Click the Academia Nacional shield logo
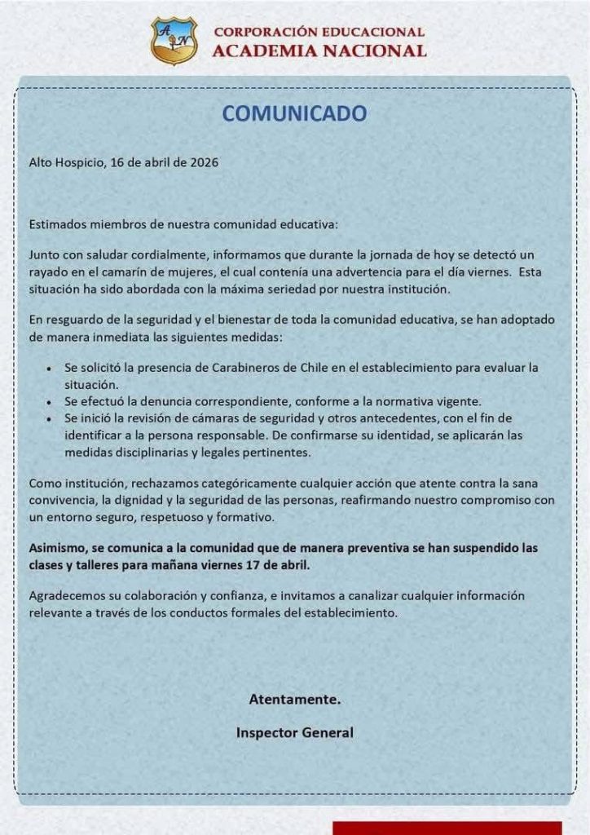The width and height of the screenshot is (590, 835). point(174,41)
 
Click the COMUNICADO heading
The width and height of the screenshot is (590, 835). point(294,113)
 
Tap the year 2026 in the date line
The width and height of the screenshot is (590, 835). point(203,161)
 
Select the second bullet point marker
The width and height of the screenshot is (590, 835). point(51,402)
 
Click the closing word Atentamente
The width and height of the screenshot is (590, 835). point(294,699)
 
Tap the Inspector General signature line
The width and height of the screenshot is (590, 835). point(294,732)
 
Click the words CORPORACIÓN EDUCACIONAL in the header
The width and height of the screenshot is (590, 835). point(319,33)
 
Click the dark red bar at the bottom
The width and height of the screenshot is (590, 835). point(447,828)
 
